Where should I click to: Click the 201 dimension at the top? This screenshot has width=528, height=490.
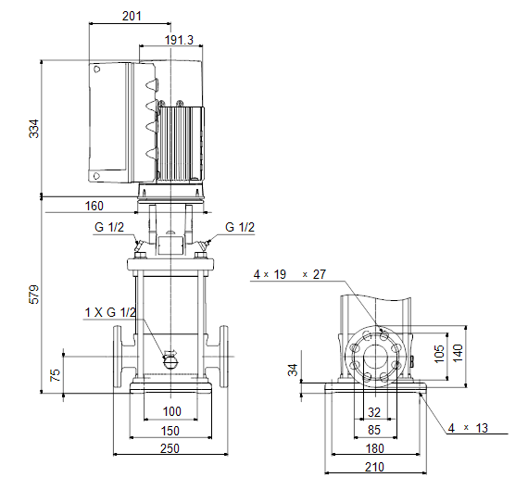pyautogui.click(x=132, y=16)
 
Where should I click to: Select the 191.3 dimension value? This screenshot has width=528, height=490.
pyautogui.click(x=179, y=40)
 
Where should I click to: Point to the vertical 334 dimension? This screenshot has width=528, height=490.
pyautogui.click(x=34, y=129)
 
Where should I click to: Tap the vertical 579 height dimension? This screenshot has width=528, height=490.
pyautogui.click(x=34, y=295)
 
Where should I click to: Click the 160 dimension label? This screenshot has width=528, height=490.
pyautogui.click(x=94, y=206)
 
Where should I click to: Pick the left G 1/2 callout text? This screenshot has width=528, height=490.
pyautogui.click(x=109, y=227)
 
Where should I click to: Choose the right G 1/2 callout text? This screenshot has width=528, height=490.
pyautogui.click(x=240, y=227)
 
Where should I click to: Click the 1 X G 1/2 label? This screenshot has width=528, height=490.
pyautogui.click(x=110, y=312)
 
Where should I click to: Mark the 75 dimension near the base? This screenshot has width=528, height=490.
pyautogui.click(x=55, y=375)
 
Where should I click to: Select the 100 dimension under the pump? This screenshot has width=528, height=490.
pyautogui.click(x=171, y=411)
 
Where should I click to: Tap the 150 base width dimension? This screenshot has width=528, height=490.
pyautogui.click(x=170, y=431)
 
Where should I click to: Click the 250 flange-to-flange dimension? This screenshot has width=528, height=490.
pyautogui.click(x=170, y=448)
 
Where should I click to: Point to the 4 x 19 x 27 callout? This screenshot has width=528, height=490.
pyautogui.click(x=290, y=274)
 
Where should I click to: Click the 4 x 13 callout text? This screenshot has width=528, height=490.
pyautogui.click(x=468, y=428)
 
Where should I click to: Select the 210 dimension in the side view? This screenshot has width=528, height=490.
pyautogui.click(x=374, y=467)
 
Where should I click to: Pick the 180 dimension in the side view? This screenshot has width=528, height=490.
pyautogui.click(x=374, y=448)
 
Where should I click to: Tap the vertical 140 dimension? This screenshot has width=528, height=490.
pyautogui.click(x=458, y=353)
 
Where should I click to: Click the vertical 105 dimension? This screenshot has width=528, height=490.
pyautogui.click(x=439, y=354)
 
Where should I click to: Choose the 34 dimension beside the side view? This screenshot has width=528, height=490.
pyautogui.click(x=293, y=370)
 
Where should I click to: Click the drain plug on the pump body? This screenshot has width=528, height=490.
pyautogui.click(x=171, y=361)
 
